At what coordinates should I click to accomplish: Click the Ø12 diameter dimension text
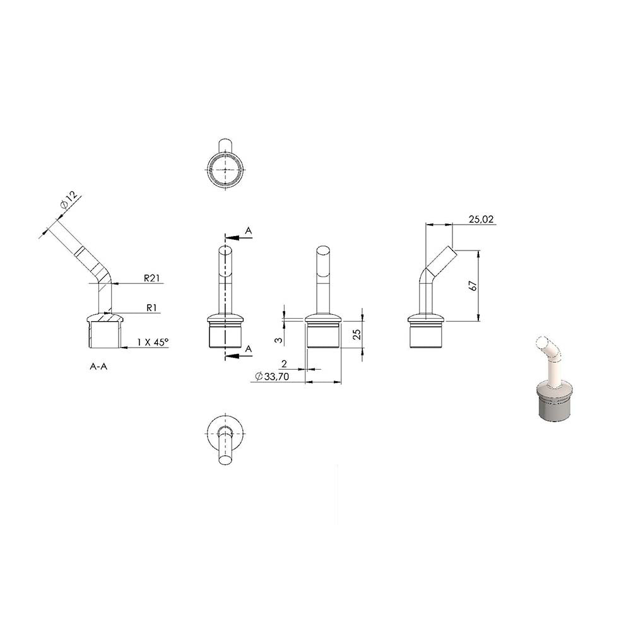[69, 201]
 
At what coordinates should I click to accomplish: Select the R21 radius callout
[151, 278]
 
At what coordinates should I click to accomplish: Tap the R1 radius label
[151, 308]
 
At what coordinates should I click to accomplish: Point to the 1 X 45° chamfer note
[153, 342]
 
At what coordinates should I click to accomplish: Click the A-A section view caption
[98, 367]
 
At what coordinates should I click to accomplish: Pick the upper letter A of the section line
[248, 231]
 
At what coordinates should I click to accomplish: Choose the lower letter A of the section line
[248, 348]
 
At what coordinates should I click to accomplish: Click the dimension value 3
[278, 341]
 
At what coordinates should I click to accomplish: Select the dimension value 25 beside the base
[357, 334]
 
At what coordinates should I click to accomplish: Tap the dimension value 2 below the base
[284, 364]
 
